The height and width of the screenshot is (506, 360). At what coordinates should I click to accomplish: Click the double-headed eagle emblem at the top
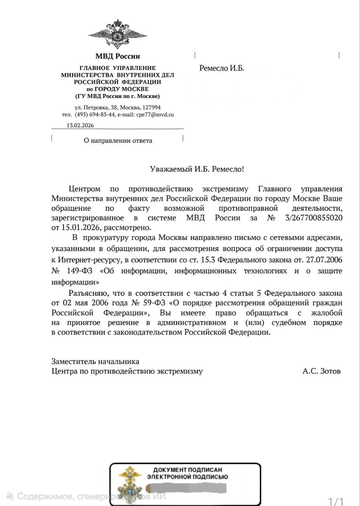pyautogui.click(x=117, y=35)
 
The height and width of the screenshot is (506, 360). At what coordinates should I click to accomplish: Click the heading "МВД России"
pyautogui.click(x=117, y=56)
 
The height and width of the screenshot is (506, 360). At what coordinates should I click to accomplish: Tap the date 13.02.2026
pyautogui.click(x=80, y=125)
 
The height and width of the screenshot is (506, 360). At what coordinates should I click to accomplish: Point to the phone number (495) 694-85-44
pyautogui.click(x=95, y=115)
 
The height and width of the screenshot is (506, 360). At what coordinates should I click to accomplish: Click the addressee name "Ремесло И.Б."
pyautogui.click(x=222, y=68)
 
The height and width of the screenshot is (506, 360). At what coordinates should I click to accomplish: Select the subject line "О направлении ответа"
pyautogui.click(x=118, y=140)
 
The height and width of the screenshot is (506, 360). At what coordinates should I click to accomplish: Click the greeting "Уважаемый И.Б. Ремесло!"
pyautogui.click(x=197, y=169)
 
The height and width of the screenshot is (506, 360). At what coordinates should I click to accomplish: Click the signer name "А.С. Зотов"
pyautogui.click(x=321, y=371)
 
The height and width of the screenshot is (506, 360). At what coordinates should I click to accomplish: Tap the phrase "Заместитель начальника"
pyautogui.click(x=95, y=361)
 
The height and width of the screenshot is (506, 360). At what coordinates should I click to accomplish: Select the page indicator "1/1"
pyautogui.click(x=336, y=502)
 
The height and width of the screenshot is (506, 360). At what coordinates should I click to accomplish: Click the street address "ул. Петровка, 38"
pyautogui.click(x=96, y=107)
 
